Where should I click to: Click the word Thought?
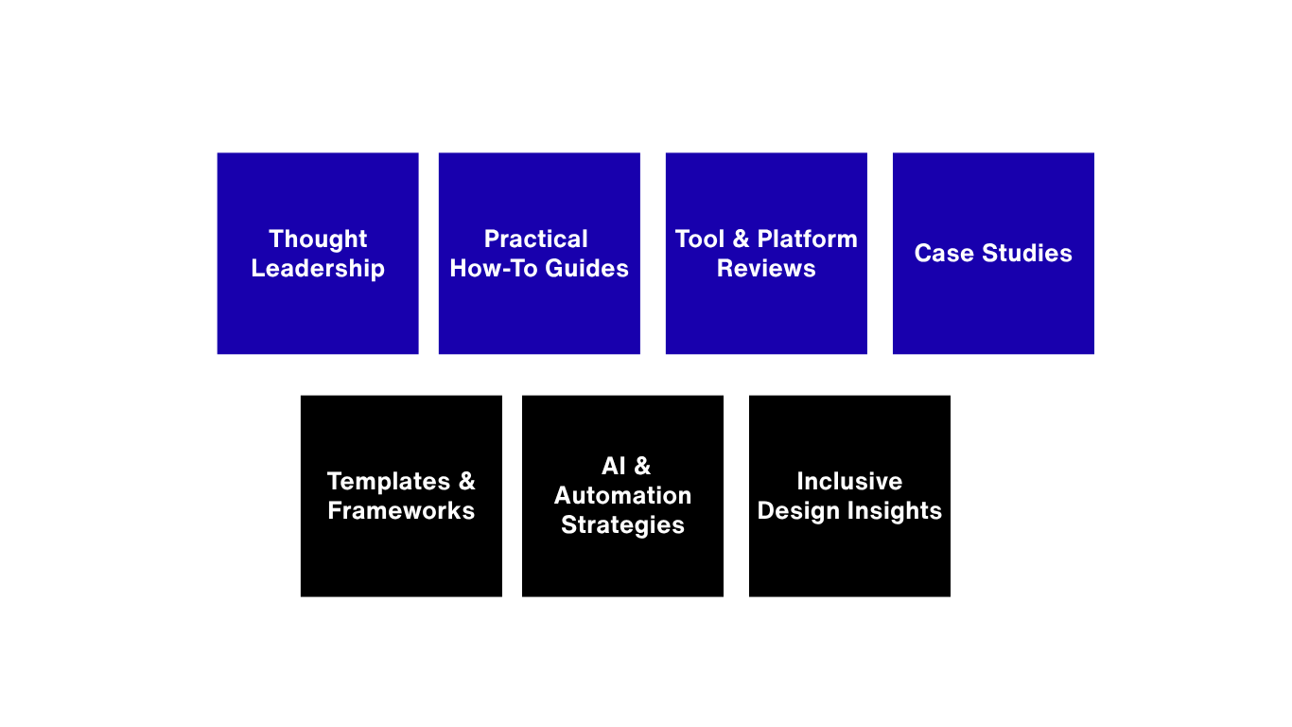click(318, 239)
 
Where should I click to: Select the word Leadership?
click(318, 269)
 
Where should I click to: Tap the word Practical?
click(536, 239)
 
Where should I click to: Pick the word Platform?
click(808, 239)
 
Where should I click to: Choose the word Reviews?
click(766, 269)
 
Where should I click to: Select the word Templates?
click(389, 481)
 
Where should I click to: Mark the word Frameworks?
click(401, 511)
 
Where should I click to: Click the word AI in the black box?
click(614, 466)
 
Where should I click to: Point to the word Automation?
click(622, 496)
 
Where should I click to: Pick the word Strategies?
click(622, 525)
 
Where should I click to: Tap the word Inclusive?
click(849, 481)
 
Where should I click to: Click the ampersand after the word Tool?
click(741, 239)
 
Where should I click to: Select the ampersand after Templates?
click(466, 481)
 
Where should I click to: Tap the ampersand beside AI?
click(642, 466)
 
